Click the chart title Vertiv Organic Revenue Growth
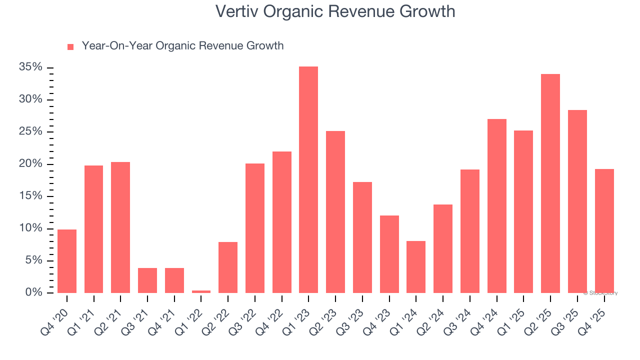click(x=335, y=11)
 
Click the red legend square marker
click(x=70, y=46)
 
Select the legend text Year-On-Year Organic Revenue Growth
click(x=182, y=46)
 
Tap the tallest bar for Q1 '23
click(x=308, y=179)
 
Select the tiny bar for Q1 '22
click(x=201, y=291)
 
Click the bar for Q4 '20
click(x=67, y=261)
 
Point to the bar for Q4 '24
click(x=496, y=205)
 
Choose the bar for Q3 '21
click(x=147, y=280)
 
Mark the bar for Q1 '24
click(x=416, y=266)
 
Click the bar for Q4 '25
click(x=604, y=230)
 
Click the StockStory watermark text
click(x=600, y=293)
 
